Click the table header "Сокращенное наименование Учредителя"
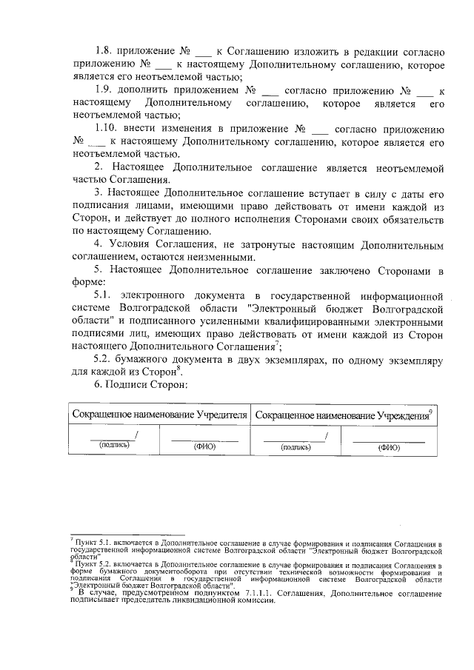coord(159,415)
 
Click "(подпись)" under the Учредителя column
coord(114,446)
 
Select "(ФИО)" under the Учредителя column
coord(204,446)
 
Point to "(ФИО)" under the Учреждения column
coord(388,447)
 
